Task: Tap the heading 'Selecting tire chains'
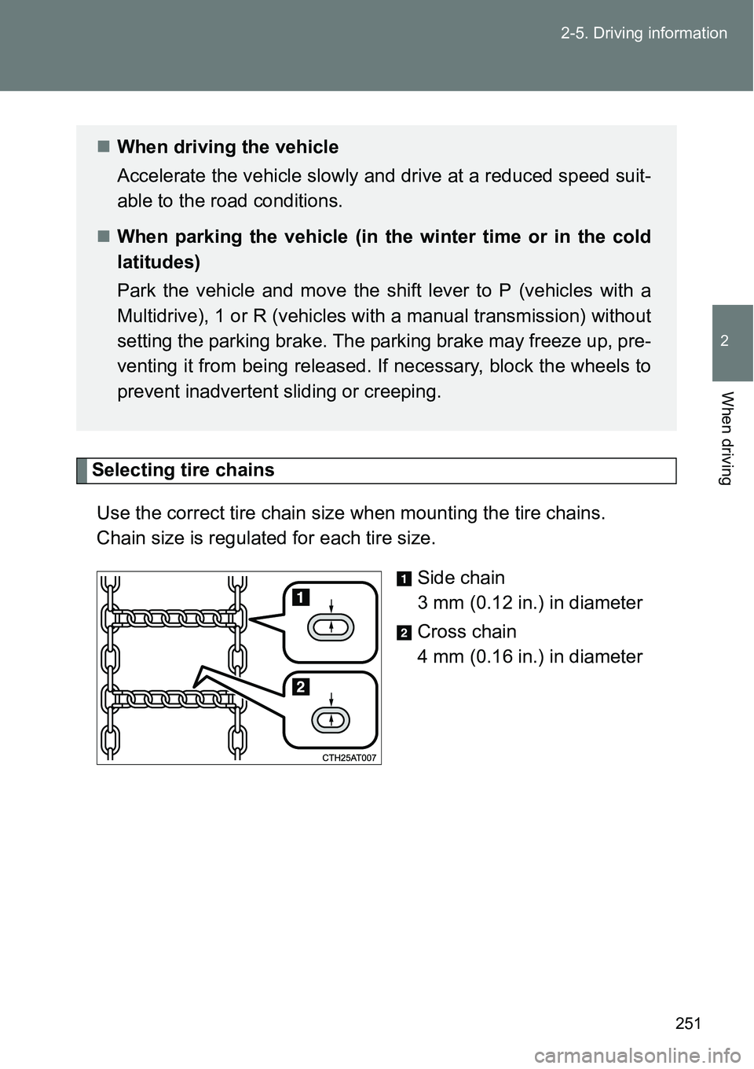coord(183,470)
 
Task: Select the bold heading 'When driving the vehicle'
coord(228,147)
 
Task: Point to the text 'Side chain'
coord(461,578)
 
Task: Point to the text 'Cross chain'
coord(467,632)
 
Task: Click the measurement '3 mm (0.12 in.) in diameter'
coord(529,603)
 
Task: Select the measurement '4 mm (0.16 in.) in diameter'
coord(529,657)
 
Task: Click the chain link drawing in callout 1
coord(331,627)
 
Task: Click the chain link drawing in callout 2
coord(331,718)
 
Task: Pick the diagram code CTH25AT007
coord(349,758)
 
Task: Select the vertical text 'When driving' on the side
coord(727,438)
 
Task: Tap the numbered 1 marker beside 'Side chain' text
coord(402,579)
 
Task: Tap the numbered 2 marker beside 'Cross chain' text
coord(402,634)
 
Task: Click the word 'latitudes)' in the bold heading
coord(159,262)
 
